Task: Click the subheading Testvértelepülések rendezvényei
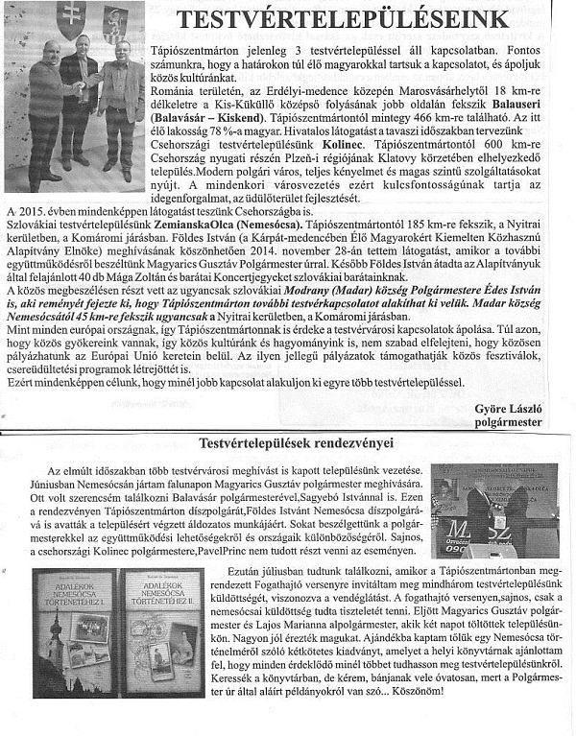pos(299,443)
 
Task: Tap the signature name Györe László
pos(508,409)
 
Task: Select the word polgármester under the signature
pos(508,421)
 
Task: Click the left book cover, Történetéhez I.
pos(73,620)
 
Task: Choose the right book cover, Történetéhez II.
pos(162,620)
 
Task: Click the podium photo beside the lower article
pos(493,510)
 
